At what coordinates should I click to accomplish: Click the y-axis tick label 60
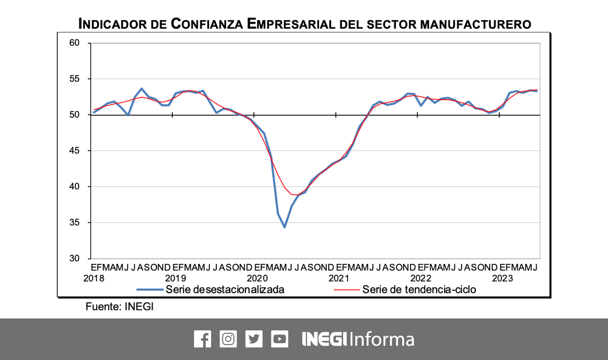(x=74, y=43)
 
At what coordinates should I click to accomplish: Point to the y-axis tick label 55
(x=74, y=79)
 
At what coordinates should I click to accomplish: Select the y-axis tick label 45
(x=74, y=151)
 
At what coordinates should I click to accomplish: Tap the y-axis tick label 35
(x=74, y=222)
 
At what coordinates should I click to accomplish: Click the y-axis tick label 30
(x=74, y=258)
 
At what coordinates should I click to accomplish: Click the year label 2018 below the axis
(x=94, y=278)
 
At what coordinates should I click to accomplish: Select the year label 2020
(x=257, y=278)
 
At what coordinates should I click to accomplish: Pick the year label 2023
(x=503, y=278)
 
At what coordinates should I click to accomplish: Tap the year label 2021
(x=339, y=278)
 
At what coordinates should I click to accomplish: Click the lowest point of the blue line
(x=284, y=227)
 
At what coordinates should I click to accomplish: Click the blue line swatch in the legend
(x=150, y=289)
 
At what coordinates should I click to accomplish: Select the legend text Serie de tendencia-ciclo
(x=419, y=289)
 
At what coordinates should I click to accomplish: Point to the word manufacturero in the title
(x=476, y=25)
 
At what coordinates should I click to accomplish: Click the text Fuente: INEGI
(x=119, y=307)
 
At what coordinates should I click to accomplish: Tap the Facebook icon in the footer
(x=203, y=339)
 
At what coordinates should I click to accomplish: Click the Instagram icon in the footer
(x=228, y=339)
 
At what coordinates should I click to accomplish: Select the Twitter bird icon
(x=254, y=339)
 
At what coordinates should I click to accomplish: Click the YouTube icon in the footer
(x=280, y=339)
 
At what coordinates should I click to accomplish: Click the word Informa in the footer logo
(x=382, y=339)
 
